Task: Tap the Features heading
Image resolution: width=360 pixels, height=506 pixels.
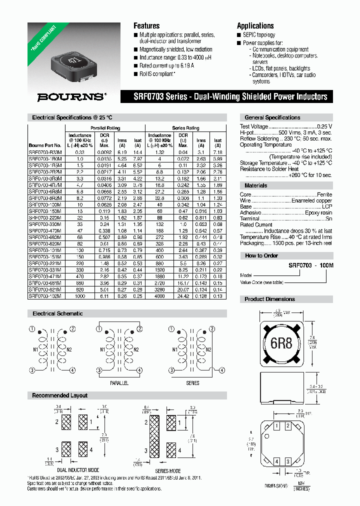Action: (x=146, y=25)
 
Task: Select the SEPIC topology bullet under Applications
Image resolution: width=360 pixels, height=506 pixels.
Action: (x=258, y=35)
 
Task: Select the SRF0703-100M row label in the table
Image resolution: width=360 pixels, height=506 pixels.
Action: (x=45, y=205)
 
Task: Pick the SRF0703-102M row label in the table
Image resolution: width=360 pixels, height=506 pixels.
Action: (x=45, y=296)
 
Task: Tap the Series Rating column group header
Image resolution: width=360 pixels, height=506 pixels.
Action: (x=185, y=128)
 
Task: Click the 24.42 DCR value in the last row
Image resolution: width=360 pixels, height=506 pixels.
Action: (x=183, y=296)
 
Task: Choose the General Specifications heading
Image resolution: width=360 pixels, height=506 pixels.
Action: (x=272, y=117)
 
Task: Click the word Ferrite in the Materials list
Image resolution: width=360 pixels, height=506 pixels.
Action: (x=324, y=194)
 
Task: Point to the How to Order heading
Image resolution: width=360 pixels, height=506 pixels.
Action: (x=261, y=255)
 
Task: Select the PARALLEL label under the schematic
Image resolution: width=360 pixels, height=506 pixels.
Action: (x=119, y=383)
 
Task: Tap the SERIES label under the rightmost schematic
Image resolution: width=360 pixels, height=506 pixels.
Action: (x=192, y=383)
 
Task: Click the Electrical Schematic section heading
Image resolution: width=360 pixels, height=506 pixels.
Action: (x=57, y=313)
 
